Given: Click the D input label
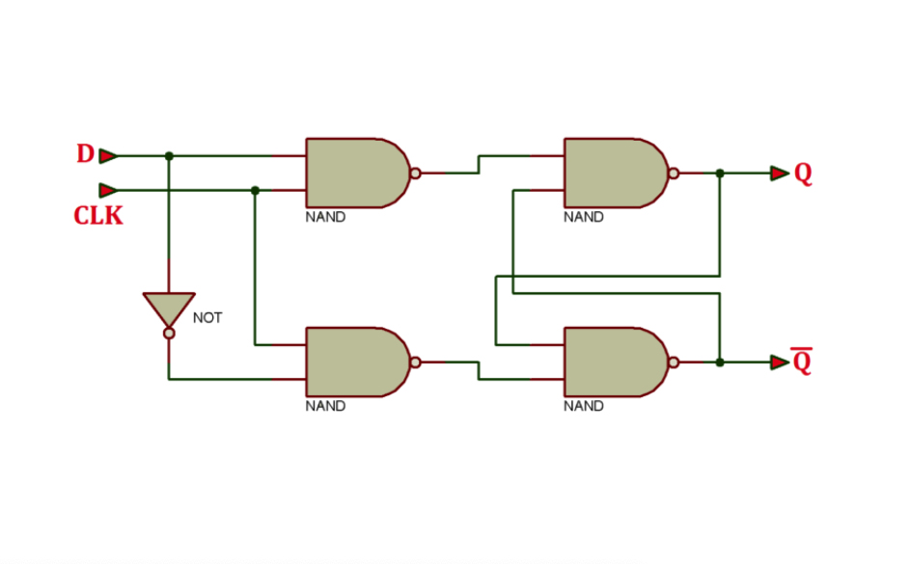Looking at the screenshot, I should [x=85, y=154].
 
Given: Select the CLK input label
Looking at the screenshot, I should [x=98, y=216].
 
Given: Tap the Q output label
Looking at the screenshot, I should [x=803, y=174].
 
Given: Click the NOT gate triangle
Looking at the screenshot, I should [x=169, y=308].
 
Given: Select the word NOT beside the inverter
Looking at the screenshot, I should [x=207, y=317].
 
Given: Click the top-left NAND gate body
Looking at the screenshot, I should [x=353, y=173].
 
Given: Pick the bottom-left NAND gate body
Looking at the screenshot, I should [x=353, y=362].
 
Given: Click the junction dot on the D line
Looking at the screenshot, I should [x=169, y=155].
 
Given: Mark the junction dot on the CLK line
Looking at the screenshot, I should [x=255, y=190].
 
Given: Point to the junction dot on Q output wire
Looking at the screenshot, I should [x=720, y=174].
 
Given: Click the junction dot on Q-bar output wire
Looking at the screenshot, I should [x=720, y=363].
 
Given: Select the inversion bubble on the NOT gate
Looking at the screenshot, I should [x=169, y=334].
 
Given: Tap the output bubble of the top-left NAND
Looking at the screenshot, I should [x=415, y=174].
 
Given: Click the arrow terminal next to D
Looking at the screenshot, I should [x=108, y=155].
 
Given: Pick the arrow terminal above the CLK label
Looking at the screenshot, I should [x=108, y=190].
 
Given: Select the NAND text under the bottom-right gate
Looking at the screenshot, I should [x=584, y=406].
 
